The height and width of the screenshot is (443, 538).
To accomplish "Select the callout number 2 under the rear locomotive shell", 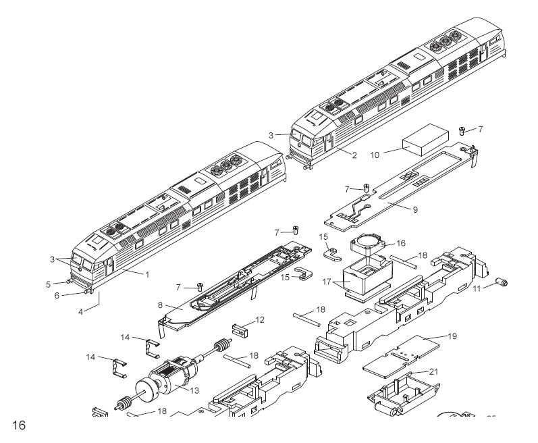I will point(353,155).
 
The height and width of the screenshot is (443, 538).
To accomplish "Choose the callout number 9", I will point(416,209).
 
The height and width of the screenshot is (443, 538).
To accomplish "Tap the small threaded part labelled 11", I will point(502,282).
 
